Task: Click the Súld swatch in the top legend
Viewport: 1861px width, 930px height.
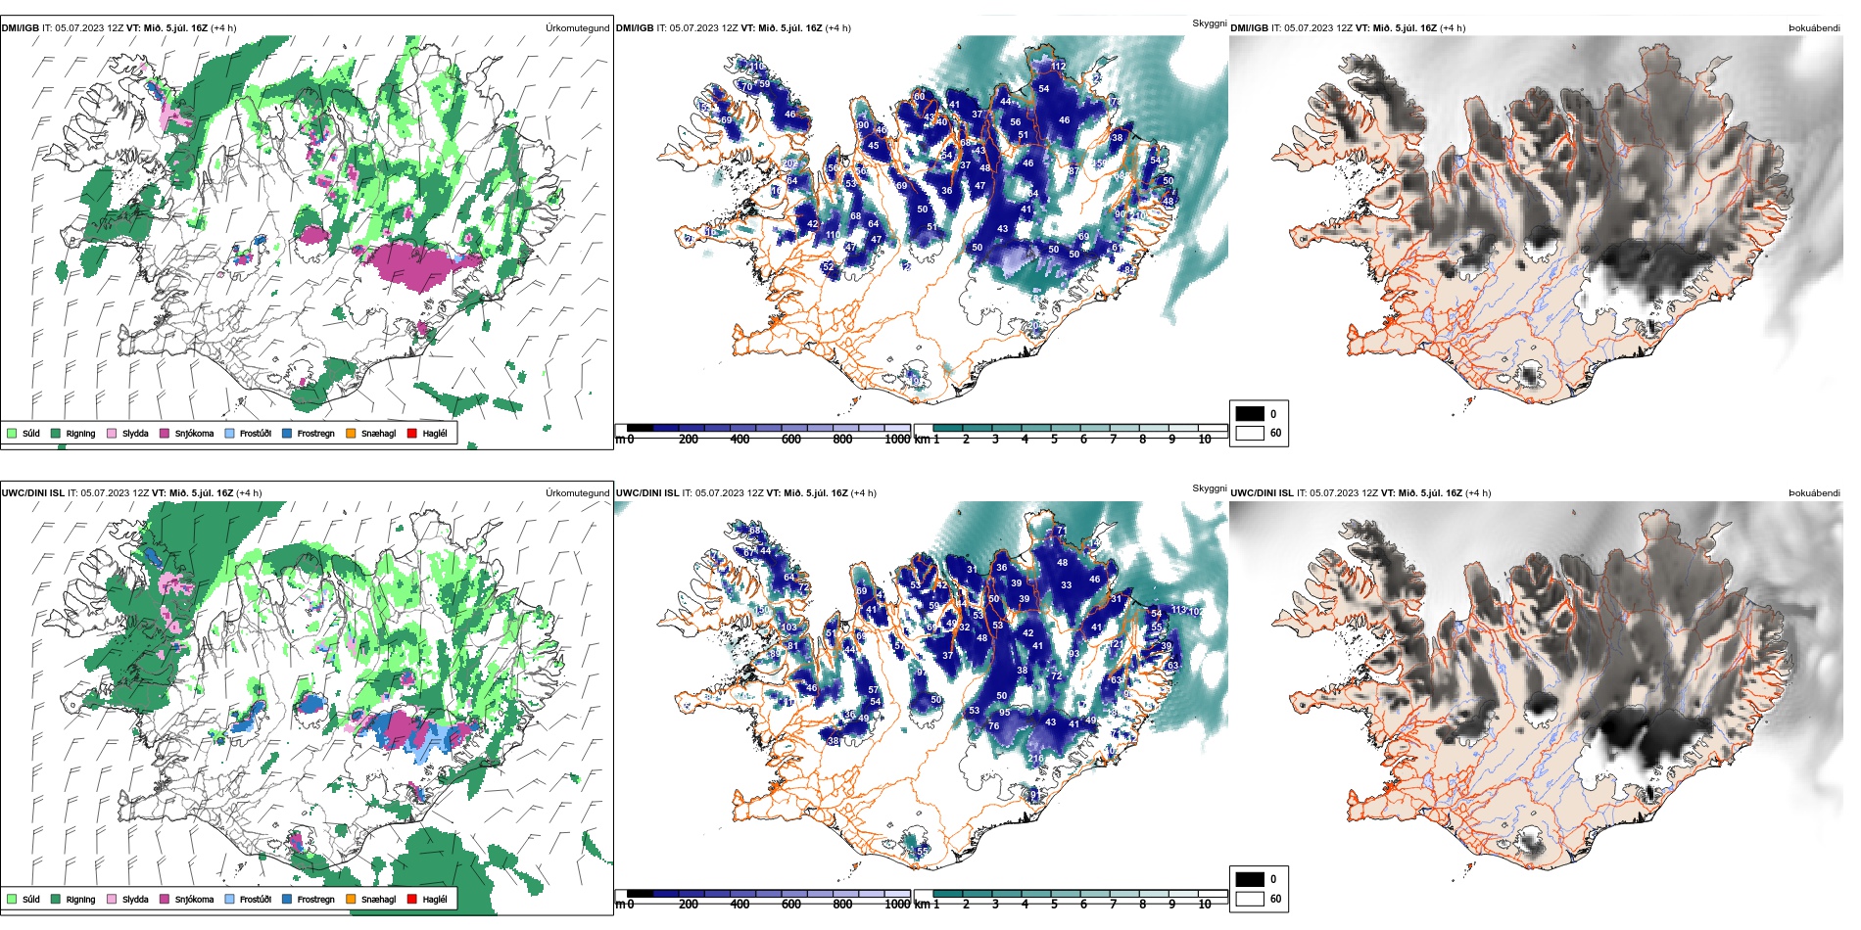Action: pyautogui.click(x=12, y=433)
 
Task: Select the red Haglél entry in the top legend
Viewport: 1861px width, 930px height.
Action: pyautogui.click(x=411, y=433)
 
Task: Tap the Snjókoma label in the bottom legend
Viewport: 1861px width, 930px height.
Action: pyautogui.click(x=194, y=899)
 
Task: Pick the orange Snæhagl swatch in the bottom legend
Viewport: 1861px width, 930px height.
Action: pyautogui.click(x=351, y=899)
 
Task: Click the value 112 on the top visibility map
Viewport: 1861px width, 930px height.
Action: pyautogui.click(x=1059, y=67)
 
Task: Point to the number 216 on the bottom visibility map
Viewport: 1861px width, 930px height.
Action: pyautogui.click(x=1035, y=759)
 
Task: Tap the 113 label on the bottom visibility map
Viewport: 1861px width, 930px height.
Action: pyautogui.click(x=1178, y=610)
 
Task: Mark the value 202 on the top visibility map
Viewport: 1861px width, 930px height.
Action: pyautogui.click(x=788, y=163)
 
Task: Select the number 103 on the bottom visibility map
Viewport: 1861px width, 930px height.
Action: pyautogui.click(x=788, y=628)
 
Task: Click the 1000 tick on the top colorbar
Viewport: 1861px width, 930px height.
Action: pyautogui.click(x=897, y=440)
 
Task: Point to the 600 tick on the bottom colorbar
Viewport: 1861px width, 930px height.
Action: pyautogui.click(x=791, y=905)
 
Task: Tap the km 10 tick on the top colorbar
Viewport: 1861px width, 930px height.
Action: pyautogui.click(x=1205, y=440)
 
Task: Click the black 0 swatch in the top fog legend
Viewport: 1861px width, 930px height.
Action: pyautogui.click(x=1250, y=414)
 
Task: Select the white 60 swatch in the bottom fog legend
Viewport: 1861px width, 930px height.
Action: pyautogui.click(x=1250, y=898)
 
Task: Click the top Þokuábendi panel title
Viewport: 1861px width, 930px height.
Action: pyautogui.click(x=1814, y=28)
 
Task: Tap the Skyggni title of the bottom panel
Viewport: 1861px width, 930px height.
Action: pyautogui.click(x=1209, y=488)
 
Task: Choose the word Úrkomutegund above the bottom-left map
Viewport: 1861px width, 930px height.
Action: pyautogui.click(x=577, y=493)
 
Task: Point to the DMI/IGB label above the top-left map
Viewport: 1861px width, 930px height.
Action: pyautogui.click(x=21, y=28)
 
